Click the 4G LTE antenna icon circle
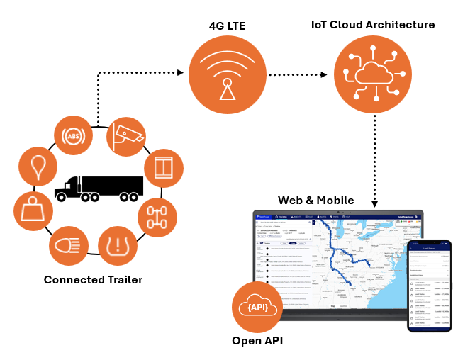227,74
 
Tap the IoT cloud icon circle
372,74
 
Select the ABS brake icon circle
74,136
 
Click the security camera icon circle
126,136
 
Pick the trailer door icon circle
164,169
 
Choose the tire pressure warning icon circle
117,246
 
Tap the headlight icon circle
69,246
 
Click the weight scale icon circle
33,210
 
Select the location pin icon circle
38,167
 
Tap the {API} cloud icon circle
257,307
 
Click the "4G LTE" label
227,26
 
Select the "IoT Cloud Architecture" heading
373,25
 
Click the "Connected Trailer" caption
93,280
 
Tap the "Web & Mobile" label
315,201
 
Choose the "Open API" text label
257,341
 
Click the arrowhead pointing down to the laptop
374,204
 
